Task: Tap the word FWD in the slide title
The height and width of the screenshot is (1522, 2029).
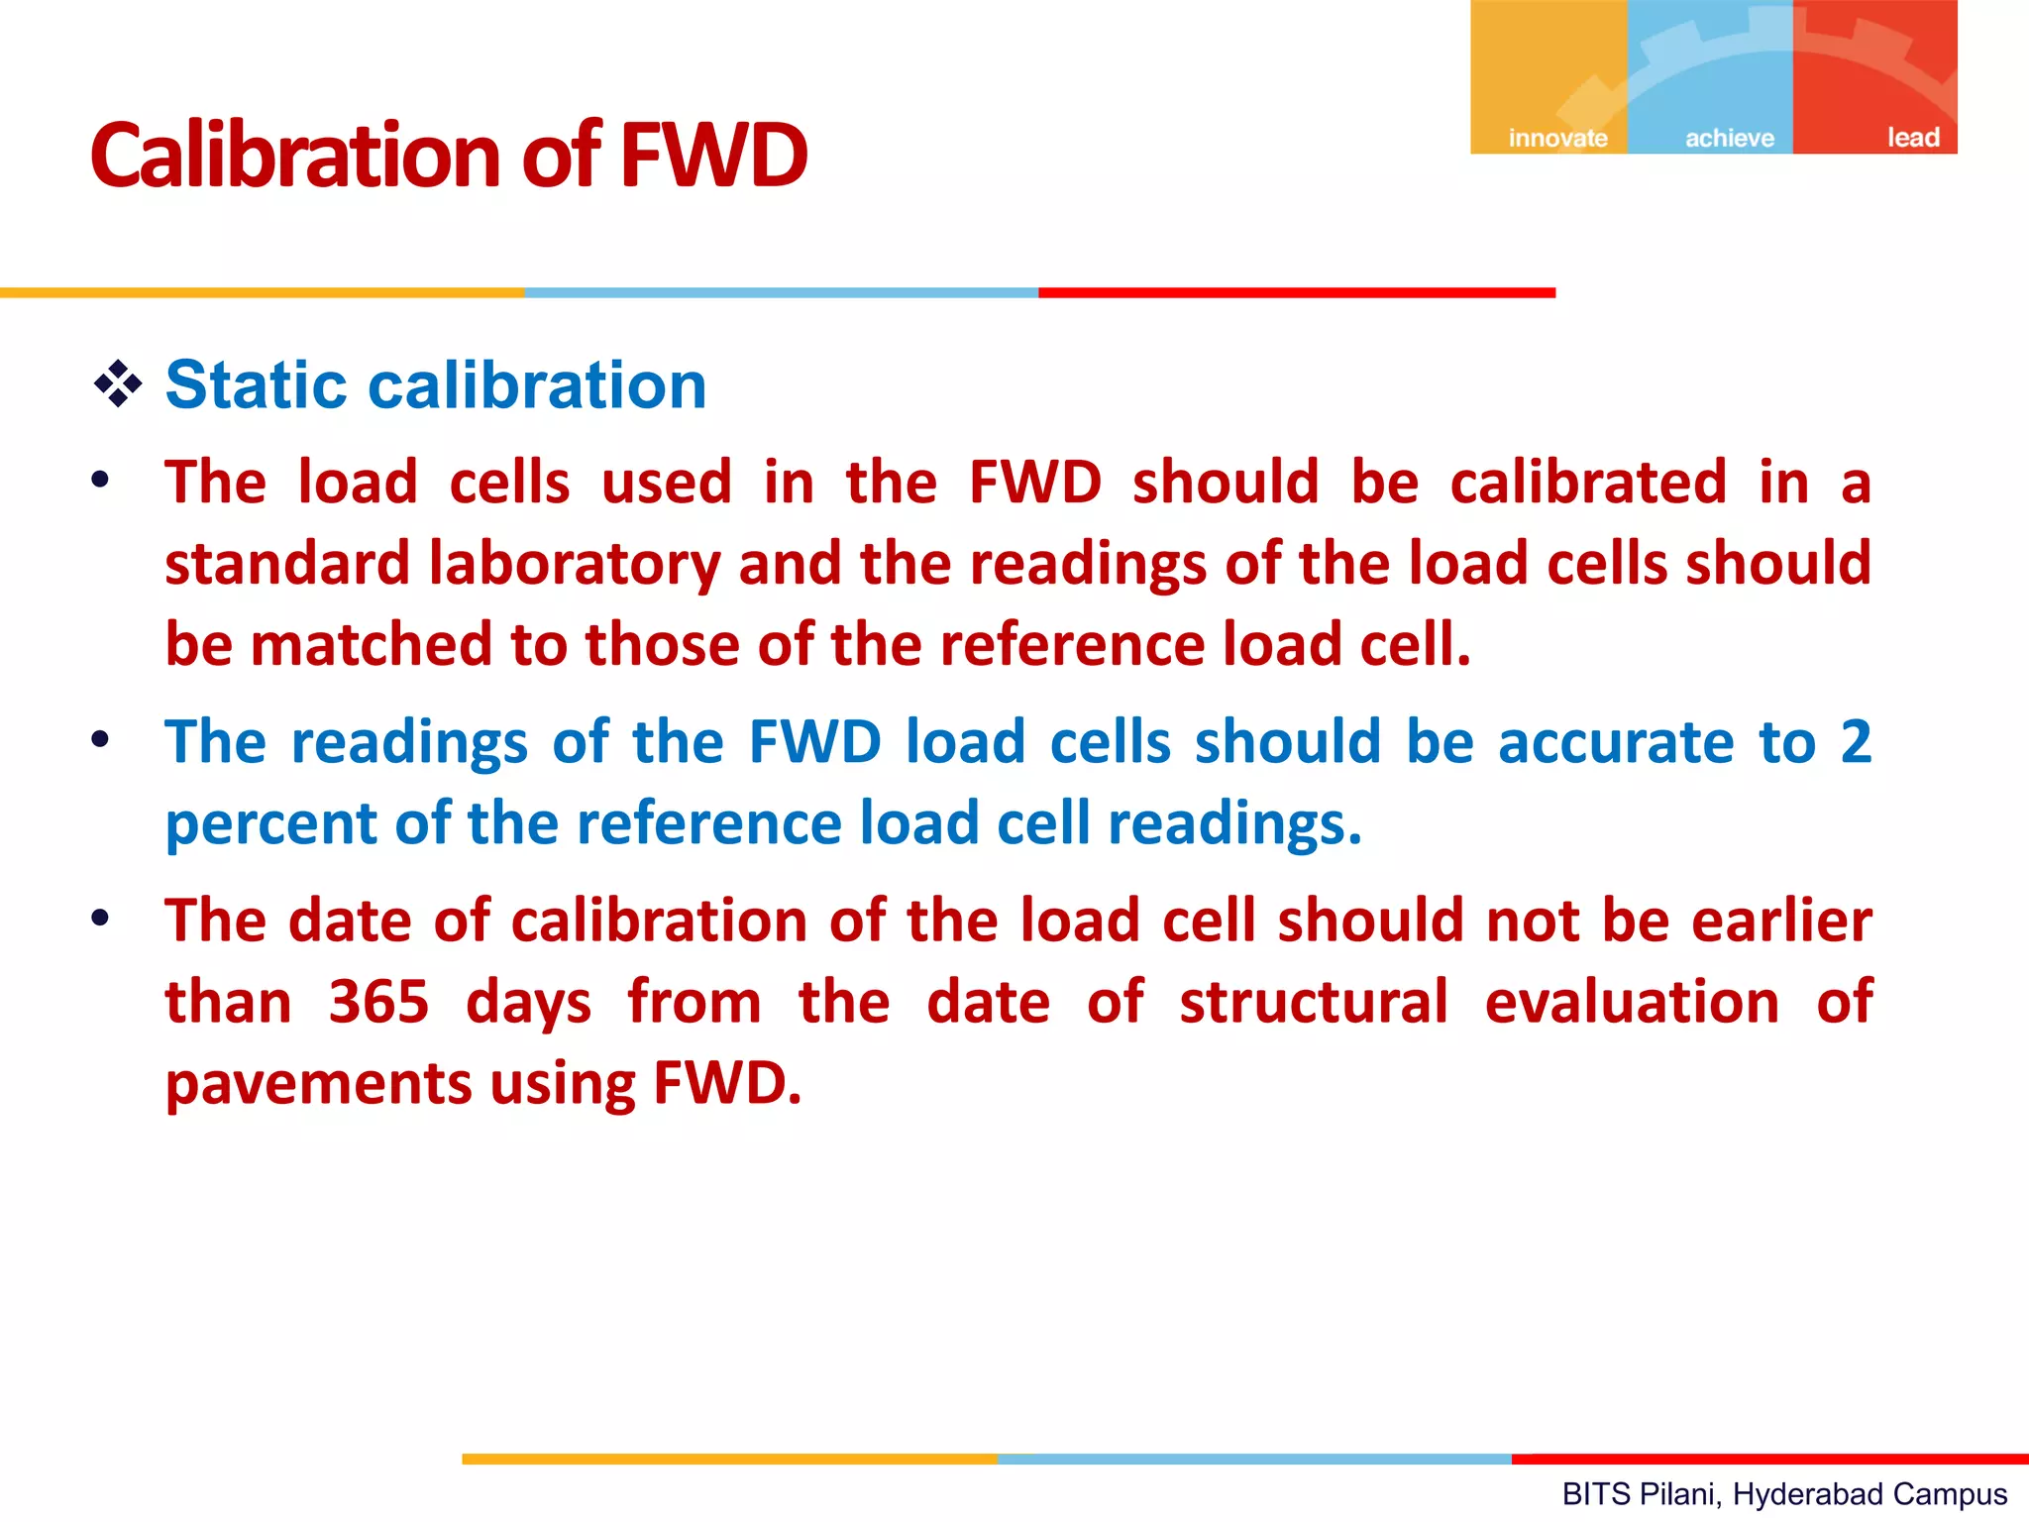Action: click(714, 156)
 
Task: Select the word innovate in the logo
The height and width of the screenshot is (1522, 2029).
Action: click(1557, 138)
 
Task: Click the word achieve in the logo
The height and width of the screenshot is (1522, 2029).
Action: click(1730, 138)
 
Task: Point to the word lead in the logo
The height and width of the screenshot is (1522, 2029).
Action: click(1912, 138)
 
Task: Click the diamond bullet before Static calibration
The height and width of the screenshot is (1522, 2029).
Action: click(118, 384)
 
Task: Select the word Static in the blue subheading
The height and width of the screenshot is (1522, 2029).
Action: click(256, 384)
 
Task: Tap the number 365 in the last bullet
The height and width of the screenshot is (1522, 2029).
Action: click(378, 1002)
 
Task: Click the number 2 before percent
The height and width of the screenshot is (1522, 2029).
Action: click(1856, 741)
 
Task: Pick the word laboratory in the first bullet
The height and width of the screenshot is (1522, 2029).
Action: click(575, 564)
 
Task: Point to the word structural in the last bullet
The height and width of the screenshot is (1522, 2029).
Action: click(1314, 1002)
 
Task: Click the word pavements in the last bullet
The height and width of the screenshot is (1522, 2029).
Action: click(318, 1084)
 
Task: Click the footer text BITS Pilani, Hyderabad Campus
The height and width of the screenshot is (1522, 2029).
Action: click(1784, 1494)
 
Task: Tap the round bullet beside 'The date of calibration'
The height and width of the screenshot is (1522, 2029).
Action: click(100, 918)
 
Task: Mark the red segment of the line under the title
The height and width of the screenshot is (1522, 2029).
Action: click(1296, 293)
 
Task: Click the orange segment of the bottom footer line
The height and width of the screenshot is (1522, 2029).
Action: click(729, 1459)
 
